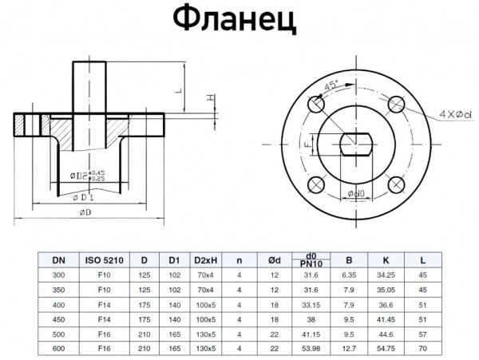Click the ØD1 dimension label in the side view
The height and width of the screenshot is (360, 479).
coord(83,196)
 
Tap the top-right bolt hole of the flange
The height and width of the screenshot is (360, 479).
coord(395,104)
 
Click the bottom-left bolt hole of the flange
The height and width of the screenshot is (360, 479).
coord(317,185)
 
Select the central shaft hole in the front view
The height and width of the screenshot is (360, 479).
coord(356,144)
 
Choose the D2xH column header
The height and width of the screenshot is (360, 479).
coord(204,259)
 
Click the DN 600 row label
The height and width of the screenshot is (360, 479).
coord(59,349)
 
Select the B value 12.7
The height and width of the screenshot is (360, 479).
coord(348,349)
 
